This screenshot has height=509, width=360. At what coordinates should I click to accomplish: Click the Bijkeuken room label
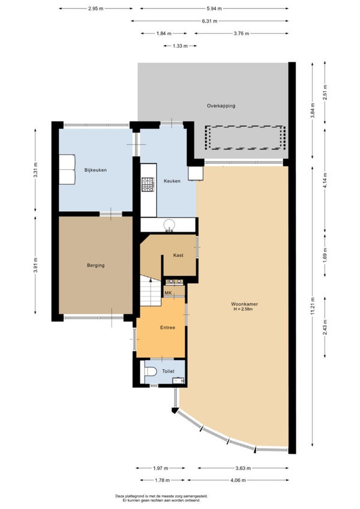(95, 170)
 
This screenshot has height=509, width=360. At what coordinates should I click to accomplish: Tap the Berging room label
(96, 265)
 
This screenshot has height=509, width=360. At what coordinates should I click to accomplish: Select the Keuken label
(172, 181)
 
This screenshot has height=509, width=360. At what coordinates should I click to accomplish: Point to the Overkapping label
(221, 106)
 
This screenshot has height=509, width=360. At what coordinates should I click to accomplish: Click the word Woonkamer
(244, 304)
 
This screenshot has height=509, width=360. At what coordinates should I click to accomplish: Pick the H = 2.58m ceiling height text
(243, 309)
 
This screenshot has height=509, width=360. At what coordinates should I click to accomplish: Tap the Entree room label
(167, 328)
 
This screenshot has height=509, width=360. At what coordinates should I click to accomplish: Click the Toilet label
(168, 371)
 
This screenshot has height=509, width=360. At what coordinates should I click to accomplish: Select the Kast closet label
(178, 255)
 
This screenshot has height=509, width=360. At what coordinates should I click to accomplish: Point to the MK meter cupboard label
(168, 293)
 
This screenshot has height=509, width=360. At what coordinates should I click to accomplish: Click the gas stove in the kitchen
(148, 184)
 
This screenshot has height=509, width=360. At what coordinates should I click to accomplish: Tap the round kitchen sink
(169, 224)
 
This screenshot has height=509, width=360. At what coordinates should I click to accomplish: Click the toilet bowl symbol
(150, 371)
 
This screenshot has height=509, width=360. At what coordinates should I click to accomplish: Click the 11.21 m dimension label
(313, 306)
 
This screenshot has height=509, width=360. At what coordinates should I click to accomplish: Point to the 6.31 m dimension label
(210, 21)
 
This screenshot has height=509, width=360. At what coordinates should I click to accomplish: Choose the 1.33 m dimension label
(180, 46)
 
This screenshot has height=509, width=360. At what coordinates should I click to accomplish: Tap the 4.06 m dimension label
(238, 480)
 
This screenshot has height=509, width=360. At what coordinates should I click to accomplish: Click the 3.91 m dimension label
(35, 265)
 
